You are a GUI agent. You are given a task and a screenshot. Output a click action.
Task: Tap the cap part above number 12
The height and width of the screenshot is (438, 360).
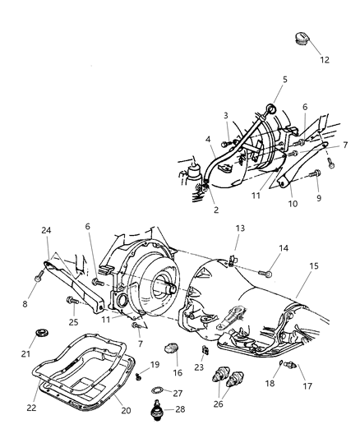pos(300,38)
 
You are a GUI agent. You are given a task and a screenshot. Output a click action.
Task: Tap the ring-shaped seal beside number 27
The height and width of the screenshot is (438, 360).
pos(158,390)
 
